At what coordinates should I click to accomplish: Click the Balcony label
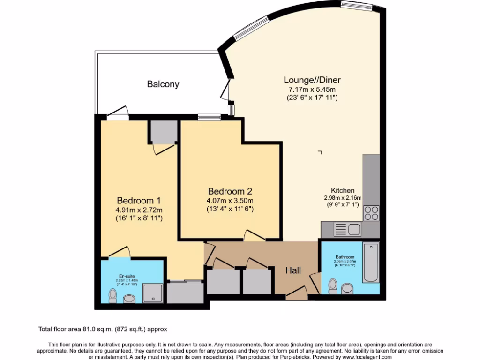pos(163,84)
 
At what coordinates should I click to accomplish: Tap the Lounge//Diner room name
pos(312,80)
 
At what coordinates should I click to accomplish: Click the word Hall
pos(293,270)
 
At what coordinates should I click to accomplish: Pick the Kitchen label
pos(343,190)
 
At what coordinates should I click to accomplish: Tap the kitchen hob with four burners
pos(372,213)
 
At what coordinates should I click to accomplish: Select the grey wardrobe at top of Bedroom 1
pos(164,132)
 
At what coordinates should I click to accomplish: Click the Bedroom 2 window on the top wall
pos(207,118)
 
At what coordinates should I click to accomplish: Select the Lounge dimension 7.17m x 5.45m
pos(312,89)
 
